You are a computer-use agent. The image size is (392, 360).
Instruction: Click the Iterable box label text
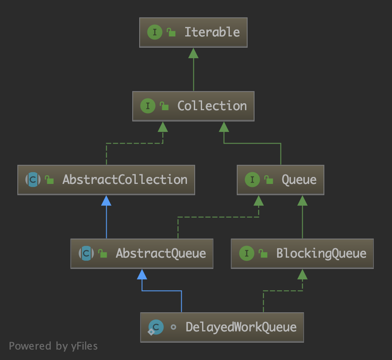212,32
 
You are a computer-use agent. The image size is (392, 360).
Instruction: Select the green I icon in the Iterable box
155,32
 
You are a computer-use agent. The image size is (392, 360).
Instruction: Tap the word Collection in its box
212,106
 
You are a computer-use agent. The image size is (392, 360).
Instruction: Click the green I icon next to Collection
148,106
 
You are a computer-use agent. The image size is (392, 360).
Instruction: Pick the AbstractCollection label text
125,180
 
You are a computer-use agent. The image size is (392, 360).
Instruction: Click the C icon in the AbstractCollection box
33,180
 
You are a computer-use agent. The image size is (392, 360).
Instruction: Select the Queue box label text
299,180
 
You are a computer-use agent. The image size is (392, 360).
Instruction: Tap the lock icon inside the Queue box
269,180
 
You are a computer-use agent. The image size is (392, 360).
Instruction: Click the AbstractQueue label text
160,253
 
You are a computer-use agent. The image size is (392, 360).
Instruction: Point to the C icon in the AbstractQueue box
86,253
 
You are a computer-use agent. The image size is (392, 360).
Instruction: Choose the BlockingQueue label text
321,253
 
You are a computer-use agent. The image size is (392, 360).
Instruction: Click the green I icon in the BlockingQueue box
247,253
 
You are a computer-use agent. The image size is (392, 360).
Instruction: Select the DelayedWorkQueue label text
241,327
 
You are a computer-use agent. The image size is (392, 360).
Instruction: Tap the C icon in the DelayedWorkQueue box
156,327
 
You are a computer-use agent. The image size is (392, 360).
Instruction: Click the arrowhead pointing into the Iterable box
193,53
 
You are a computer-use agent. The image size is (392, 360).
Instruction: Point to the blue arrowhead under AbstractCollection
106,200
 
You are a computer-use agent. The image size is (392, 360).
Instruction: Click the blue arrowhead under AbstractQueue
142,274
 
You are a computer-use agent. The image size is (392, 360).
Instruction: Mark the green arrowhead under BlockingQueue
302,274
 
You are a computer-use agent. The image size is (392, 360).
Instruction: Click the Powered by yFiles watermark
53,346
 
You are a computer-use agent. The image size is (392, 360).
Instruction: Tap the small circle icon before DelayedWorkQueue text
173,327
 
